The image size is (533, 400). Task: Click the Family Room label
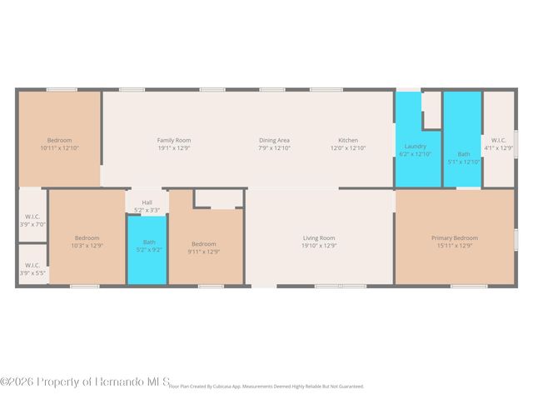click(x=174, y=140)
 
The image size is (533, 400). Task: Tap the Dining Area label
click(x=274, y=140)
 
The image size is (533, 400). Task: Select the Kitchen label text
click(x=348, y=140)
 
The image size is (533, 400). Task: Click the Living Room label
click(x=318, y=238)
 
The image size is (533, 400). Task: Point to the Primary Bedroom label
click(x=454, y=238)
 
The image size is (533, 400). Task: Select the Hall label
click(x=147, y=202)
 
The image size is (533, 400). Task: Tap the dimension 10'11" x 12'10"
click(x=59, y=147)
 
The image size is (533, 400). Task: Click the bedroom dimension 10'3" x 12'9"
click(x=87, y=246)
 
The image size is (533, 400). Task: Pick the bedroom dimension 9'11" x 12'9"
click(x=204, y=252)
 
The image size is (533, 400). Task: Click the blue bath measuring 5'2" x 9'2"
click(x=147, y=250)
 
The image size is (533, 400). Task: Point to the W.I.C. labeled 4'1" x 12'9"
click(x=499, y=144)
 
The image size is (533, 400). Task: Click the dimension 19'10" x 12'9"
click(x=318, y=246)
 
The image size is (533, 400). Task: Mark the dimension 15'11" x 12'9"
click(x=454, y=246)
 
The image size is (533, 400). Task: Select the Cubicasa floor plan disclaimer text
click(x=266, y=387)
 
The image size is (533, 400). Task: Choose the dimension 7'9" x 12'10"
click(x=274, y=147)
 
